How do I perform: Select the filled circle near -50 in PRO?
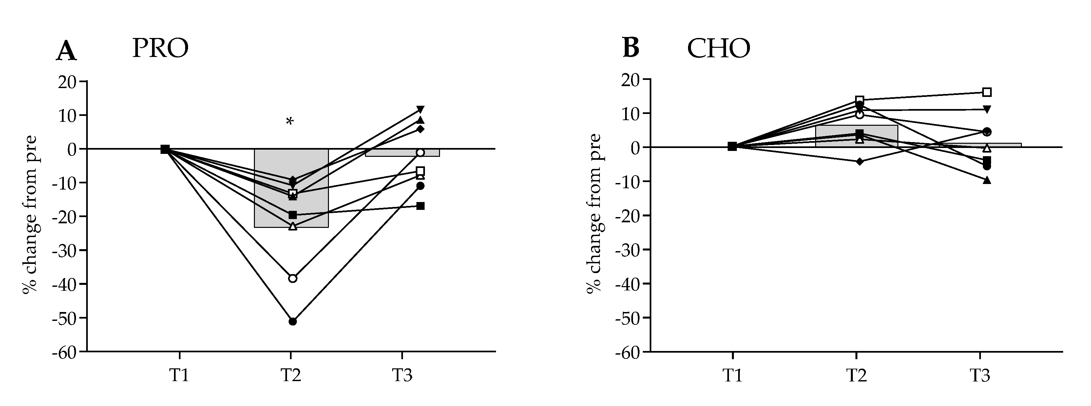pyautogui.click(x=293, y=321)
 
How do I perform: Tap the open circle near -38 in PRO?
pyautogui.click(x=293, y=278)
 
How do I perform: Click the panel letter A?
pyautogui.click(x=66, y=52)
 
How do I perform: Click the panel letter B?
pyautogui.click(x=631, y=49)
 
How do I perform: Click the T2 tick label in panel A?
pyautogui.click(x=291, y=375)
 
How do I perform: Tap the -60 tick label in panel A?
pyautogui.click(x=64, y=352)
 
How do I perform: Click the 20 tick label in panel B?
pyautogui.click(x=631, y=79)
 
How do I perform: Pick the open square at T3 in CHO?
pyautogui.click(x=987, y=92)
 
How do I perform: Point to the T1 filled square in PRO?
pyautogui.click(x=165, y=149)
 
